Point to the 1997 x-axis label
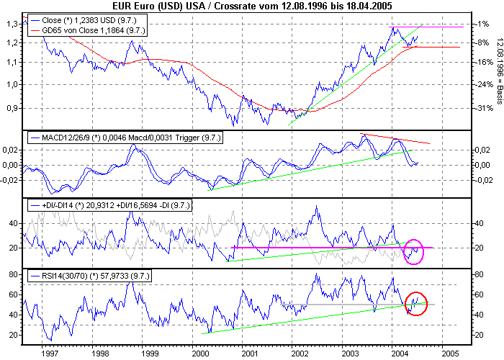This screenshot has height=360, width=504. pos(49,354)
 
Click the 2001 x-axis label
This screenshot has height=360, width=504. pos(249,354)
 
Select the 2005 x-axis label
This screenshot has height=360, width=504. pos(449,354)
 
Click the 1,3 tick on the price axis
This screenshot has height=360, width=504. pos(11,24)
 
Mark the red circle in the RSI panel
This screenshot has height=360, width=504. pos(415,303)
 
